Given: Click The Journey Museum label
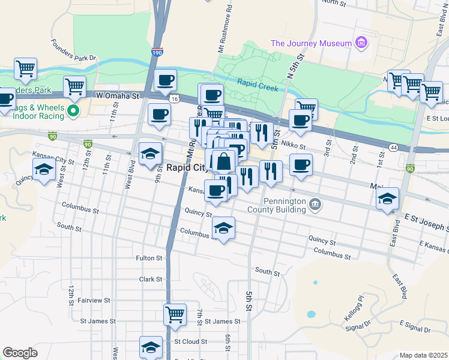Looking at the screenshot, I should click(x=310, y=43).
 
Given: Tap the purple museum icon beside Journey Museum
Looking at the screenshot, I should click(x=360, y=43).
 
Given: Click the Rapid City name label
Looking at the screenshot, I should click(x=185, y=168).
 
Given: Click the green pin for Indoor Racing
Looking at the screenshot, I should click(x=73, y=111).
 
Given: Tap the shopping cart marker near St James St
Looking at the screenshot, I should click(x=175, y=314).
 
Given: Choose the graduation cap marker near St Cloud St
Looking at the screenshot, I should click(x=151, y=347).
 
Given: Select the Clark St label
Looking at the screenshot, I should click(x=151, y=279).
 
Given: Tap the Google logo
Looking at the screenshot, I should click(x=20, y=353).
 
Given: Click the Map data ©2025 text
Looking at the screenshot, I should click(x=423, y=355).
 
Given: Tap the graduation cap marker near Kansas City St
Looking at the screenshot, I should click(x=44, y=170).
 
